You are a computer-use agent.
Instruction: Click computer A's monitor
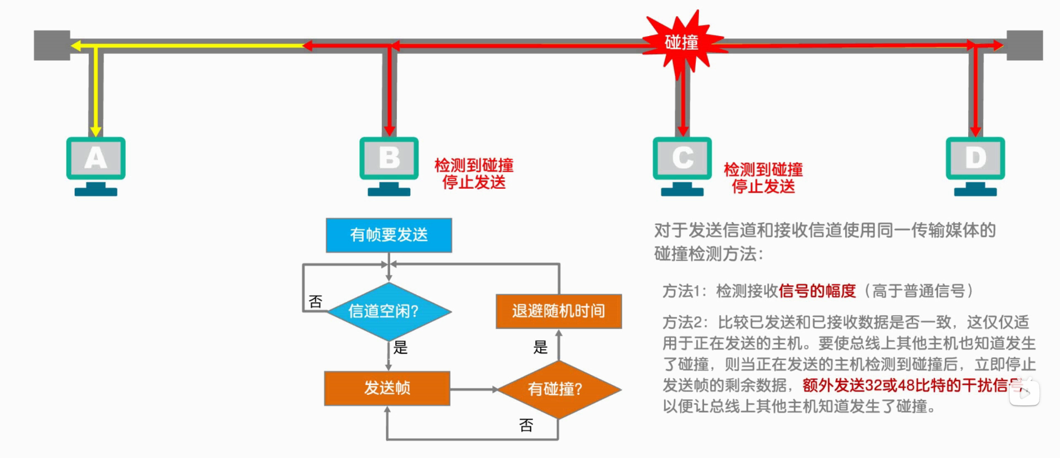coord(96,158)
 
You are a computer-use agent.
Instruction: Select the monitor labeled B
coord(389,158)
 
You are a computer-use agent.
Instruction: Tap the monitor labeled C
coord(682,158)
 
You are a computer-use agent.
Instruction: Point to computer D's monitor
coord(975,158)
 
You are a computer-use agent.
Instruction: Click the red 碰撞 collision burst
coord(682,43)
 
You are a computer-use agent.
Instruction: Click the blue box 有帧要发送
coord(389,235)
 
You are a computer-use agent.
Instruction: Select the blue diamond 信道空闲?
coord(389,311)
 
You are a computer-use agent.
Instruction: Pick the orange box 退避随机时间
coord(559,311)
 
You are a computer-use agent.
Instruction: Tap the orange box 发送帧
coord(387,388)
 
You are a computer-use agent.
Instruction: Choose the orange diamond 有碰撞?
coord(559,389)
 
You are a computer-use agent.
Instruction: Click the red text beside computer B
coord(474,173)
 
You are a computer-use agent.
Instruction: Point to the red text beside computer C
coord(763,178)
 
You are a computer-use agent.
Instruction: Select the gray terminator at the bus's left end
coord(51,45)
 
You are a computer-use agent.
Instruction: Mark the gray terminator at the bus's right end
coord(1025,45)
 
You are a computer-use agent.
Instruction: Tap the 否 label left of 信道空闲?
coord(316,302)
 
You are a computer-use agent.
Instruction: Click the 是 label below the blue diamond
coord(400,348)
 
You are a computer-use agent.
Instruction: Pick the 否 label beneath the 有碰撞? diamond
coord(526,425)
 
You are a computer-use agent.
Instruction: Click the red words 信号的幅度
coord(817,291)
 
